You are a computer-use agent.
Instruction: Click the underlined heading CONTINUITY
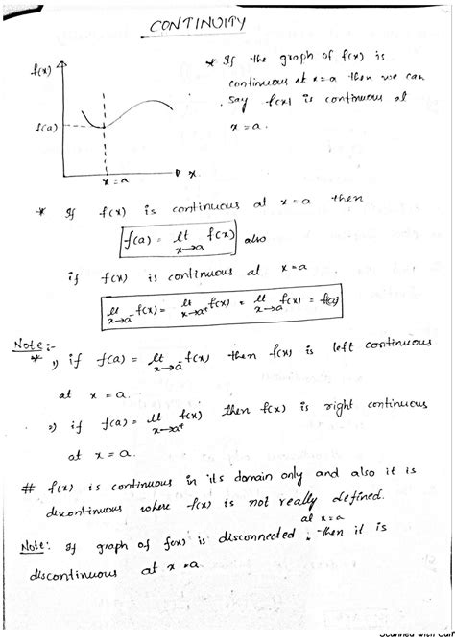tap(200, 25)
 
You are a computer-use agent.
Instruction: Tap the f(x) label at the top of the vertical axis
tap(41, 68)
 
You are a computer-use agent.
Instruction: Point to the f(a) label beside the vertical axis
tap(43, 126)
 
